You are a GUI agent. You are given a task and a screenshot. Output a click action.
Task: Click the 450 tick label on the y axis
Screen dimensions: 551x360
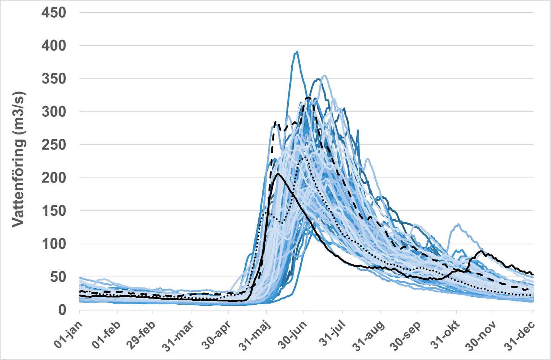coord(54,13)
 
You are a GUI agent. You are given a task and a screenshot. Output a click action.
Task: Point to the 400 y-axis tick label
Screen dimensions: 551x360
coord(54,46)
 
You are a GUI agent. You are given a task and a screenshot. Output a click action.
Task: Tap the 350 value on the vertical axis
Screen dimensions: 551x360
coord(54,79)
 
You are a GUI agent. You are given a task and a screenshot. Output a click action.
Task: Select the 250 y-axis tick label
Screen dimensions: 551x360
coord(54,145)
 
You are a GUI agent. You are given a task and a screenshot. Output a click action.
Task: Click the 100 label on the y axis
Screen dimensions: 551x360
coord(54,244)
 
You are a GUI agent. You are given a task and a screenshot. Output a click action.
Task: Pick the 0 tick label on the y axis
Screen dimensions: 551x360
coord(63,310)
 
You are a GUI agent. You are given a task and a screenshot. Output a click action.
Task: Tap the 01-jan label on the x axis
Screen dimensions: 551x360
coord(68,335)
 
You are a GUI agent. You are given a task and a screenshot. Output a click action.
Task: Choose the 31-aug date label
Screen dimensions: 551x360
coord(369,336)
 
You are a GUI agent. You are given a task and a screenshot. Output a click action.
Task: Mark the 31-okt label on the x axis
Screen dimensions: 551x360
coord(445,335)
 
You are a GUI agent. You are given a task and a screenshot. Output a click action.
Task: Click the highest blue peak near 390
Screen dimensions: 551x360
coord(297,52)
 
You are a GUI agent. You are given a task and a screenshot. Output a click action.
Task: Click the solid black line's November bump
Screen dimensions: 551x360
coord(481,251)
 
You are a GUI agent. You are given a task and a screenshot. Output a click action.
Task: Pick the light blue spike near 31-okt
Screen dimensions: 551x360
coord(458,224)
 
